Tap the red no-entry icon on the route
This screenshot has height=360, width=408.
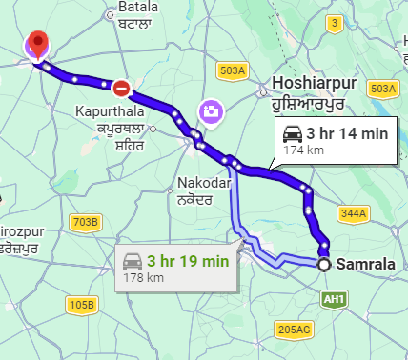point(122,90)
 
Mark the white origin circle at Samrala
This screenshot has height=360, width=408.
point(326,264)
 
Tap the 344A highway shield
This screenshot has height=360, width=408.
point(352,212)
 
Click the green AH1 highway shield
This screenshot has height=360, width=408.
point(333,299)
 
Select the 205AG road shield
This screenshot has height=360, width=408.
point(293,330)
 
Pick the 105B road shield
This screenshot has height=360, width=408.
point(83,305)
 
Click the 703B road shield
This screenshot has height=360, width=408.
point(85,223)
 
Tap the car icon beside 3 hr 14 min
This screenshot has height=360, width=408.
point(292,134)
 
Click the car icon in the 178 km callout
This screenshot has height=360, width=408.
point(132,260)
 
